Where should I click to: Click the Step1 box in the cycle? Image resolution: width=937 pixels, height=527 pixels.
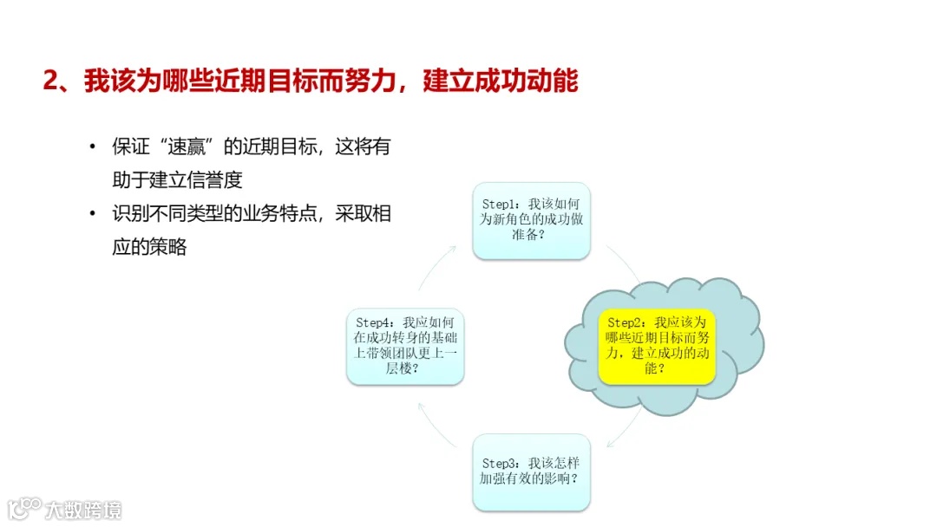click(531, 220)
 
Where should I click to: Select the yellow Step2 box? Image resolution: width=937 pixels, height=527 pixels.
click(657, 346)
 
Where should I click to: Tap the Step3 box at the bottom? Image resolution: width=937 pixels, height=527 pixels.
click(531, 472)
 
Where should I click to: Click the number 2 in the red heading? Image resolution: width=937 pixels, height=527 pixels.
click(49, 81)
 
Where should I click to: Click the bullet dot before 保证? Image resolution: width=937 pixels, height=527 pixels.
click(93, 146)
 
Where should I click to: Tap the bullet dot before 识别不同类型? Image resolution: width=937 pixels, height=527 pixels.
click(93, 214)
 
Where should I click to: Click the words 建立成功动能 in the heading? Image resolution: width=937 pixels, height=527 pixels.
click(501, 81)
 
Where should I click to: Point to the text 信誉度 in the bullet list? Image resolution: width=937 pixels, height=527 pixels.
click(214, 179)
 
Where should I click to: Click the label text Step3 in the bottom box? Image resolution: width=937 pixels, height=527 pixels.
click(500, 463)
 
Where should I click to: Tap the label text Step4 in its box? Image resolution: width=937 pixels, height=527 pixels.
click(374, 322)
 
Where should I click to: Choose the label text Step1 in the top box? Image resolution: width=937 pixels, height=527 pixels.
click(500, 204)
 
